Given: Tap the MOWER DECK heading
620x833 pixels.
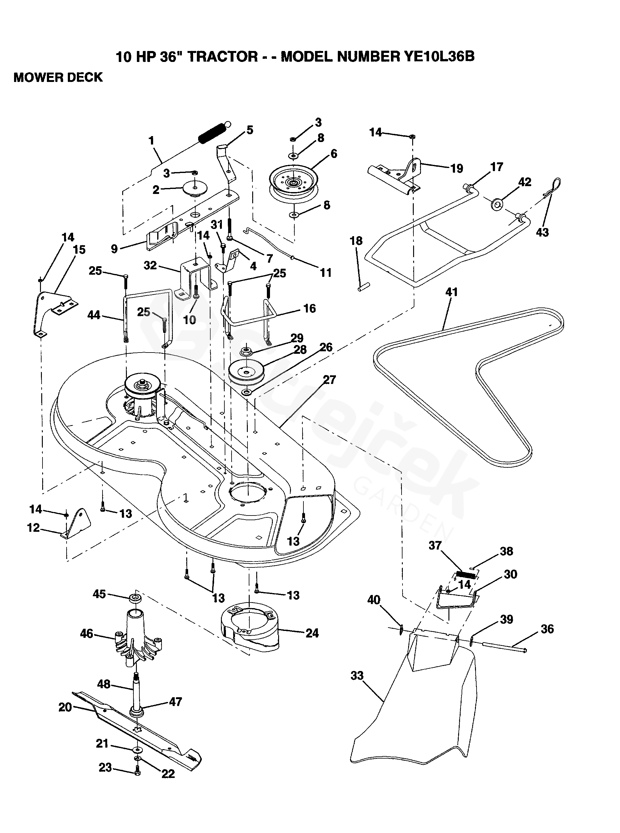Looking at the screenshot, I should point(58,77).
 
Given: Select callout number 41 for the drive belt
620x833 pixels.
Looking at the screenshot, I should point(452,292).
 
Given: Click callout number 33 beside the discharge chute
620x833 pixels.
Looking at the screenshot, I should point(357,676).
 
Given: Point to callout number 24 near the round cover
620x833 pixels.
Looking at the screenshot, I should point(312,633).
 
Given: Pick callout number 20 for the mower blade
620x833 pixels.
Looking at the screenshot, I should point(65,707).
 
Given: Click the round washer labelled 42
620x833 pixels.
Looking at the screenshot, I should point(497,205).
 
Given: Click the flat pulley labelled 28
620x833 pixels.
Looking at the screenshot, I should point(247,372).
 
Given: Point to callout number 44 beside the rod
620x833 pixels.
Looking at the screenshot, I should point(94,315).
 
